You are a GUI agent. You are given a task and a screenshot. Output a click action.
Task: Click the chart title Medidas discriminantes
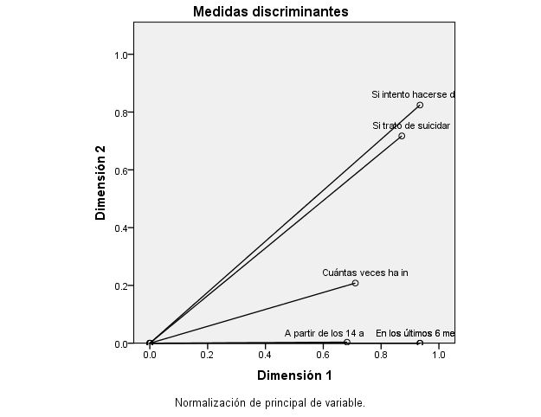pos(270,11)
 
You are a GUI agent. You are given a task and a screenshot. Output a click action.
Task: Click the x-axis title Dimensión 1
pos(294,375)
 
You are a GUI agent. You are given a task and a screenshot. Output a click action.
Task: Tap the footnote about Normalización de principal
pos(270,402)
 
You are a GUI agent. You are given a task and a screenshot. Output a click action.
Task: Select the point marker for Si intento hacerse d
pos(420,105)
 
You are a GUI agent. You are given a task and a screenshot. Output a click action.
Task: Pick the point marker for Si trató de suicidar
pos(402,136)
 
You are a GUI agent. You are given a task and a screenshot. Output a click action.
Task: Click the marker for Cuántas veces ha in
pos(355,283)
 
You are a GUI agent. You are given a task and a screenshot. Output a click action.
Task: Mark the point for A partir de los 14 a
pos(347,342)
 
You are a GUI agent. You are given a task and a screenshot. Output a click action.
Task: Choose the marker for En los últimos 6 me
pos(420,343)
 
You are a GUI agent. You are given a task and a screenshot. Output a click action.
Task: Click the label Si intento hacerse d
pos(413,94)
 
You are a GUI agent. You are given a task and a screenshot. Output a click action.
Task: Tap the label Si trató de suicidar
pos(411,125)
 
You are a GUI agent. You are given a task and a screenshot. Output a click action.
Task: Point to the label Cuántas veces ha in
pos(365,273)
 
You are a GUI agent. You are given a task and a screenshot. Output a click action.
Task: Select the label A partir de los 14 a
pos(325,332)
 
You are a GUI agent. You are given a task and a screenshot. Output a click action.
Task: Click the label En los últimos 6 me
pos(415,332)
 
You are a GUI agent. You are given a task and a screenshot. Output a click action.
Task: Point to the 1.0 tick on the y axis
pos(121,55)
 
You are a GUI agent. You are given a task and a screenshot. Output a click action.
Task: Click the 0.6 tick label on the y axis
pos(121,170)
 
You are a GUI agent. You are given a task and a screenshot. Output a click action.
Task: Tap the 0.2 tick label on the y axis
pos(121,285)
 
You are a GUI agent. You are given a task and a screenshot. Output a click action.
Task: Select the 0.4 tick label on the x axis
pos(265,355)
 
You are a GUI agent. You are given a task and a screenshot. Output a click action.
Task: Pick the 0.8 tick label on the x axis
pos(381,355)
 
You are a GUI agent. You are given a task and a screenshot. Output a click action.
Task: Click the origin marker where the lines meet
pos(150,343)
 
